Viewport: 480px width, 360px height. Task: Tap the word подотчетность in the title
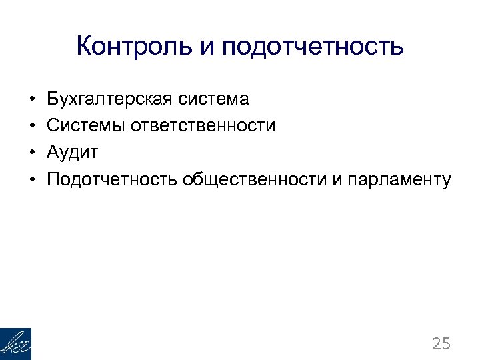point(313,48)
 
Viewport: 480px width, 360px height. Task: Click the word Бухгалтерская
point(111,100)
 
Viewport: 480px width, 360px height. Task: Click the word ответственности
point(203,126)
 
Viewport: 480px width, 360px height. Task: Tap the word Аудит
point(73,153)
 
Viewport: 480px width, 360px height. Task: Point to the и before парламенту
point(335,180)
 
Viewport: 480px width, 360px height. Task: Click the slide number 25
point(441,344)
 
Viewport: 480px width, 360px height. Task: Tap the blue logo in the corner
point(15,344)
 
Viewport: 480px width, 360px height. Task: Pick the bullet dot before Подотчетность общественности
point(32,180)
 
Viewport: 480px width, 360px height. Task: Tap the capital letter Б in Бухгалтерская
point(53,100)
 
